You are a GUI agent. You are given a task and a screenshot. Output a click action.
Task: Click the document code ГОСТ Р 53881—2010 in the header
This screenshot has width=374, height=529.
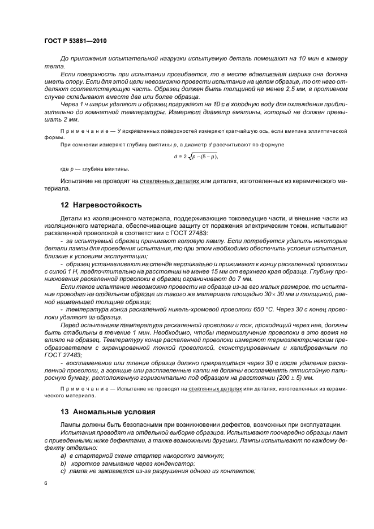click(x=75, y=41)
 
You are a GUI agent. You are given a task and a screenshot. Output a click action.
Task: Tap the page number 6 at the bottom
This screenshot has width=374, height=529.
click(x=45, y=483)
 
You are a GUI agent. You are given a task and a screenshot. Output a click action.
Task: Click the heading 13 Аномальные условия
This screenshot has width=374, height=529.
click(x=104, y=411)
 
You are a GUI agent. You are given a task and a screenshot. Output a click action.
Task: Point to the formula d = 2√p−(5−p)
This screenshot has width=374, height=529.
click(x=195, y=157)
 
